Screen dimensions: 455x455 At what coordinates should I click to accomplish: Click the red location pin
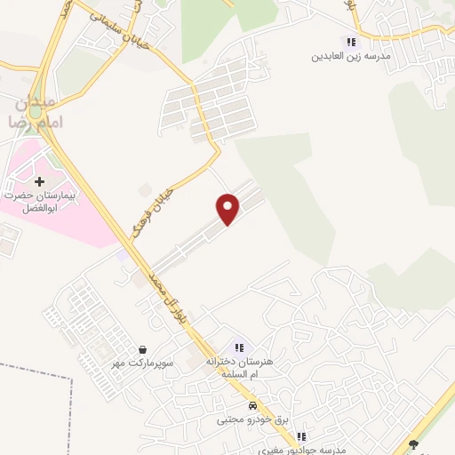pyautogui.click(x=228, y=207)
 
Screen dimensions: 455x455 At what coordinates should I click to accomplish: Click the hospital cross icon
pyautogui.click(x=40, y=181)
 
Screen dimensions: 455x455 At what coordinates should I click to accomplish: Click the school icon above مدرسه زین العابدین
pyautogui.click(x=351, y=42)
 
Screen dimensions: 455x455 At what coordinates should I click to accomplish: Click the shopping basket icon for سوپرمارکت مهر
pyautogui.click(x=144, y=349)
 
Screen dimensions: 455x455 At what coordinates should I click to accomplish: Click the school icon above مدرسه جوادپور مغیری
pyautogui.click(x=301, y=437)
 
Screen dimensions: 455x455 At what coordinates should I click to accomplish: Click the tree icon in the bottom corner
pyautogui.click(x=411, y=444)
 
